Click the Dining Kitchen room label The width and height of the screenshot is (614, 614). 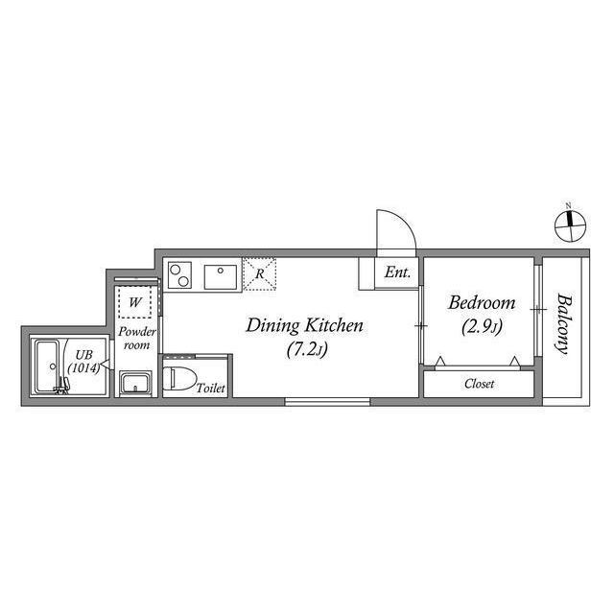coord(304,325)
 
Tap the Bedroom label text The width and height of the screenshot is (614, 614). coord(482,303)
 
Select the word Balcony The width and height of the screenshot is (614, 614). coord(561,323)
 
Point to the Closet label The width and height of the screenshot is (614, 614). coord(479,384)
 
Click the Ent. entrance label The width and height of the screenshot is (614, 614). coord(397,273)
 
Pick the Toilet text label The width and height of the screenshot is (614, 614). coord(210,389)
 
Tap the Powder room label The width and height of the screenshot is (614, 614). coord(135,339)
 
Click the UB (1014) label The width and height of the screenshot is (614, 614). coord(83,361)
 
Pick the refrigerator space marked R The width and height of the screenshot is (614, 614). coord(260,272)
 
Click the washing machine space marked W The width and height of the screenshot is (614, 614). coord(136,302)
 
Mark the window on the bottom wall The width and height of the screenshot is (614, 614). coord(328,401)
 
